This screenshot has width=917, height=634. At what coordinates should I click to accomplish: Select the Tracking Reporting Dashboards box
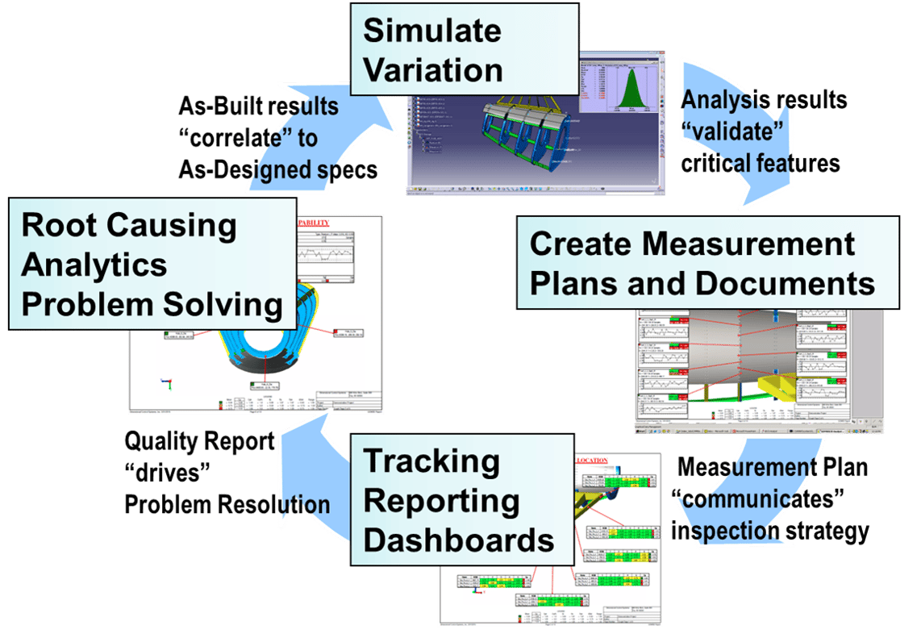[459, 500]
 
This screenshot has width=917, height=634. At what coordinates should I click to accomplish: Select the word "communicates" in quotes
[758, 500]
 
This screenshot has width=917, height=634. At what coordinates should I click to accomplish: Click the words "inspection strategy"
[769, 532]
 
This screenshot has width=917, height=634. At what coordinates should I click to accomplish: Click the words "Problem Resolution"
[227, 505]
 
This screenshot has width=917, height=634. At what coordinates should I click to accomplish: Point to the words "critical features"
[761, 163]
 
